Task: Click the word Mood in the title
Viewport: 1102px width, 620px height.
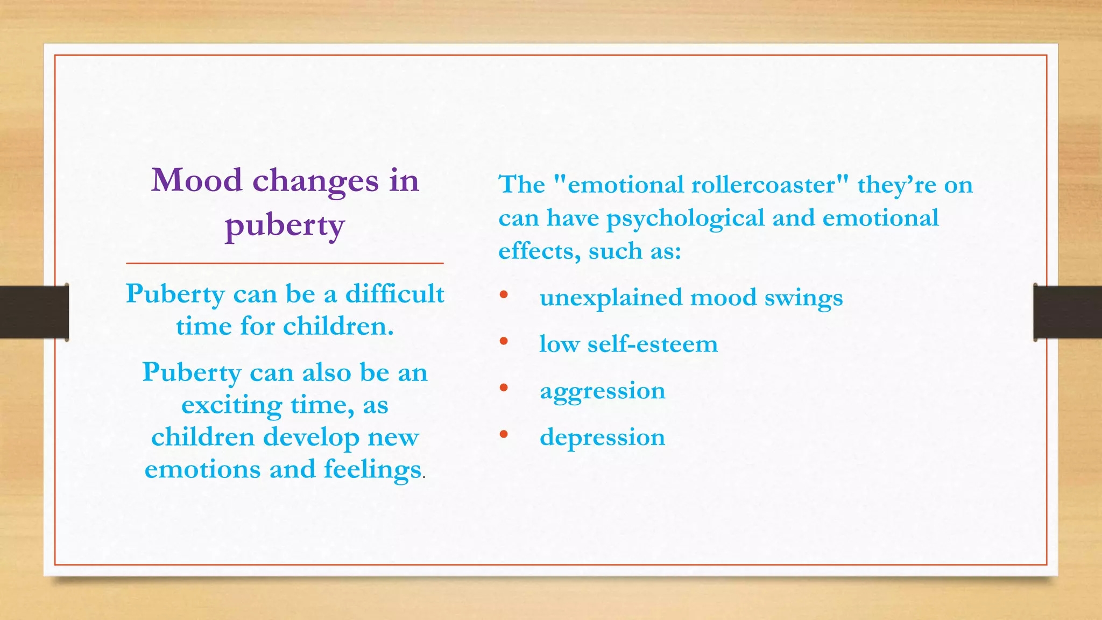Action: tap(196, 180)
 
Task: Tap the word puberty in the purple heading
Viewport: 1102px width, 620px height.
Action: tap(285, 226)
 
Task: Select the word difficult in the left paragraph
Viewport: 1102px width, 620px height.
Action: tap(394, 294)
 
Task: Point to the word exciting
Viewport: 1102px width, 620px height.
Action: tap(231, 405)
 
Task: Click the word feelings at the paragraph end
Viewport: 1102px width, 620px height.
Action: tap(372, 469)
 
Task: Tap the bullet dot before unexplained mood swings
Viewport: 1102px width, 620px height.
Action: tap(504, 294)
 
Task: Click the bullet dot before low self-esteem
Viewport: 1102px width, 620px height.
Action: tap(504, 341)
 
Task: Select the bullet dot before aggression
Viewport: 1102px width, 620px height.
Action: tap(504, 387)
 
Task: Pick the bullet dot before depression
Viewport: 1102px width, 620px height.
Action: tap(504, 434)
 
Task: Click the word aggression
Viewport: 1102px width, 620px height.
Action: tap(603, 391)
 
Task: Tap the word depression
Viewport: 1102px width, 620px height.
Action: tap(603, 438)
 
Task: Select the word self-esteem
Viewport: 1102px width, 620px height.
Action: tap(652, 344)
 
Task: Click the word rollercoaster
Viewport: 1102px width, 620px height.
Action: tap(763, 185)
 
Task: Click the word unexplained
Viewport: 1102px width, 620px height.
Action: tap(611, 298)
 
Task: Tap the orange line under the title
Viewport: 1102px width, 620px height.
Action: tap(285, 263)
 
